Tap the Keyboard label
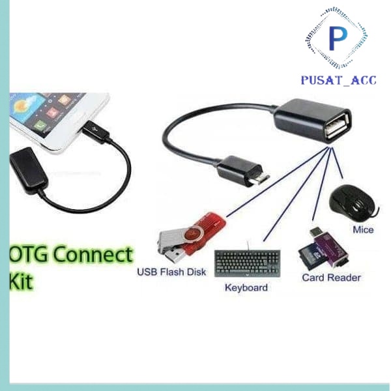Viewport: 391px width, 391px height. (246, 287)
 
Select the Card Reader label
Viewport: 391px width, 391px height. (331, 278)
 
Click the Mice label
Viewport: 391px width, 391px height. (362, 229)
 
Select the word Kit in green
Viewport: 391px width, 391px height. (22, 283)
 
